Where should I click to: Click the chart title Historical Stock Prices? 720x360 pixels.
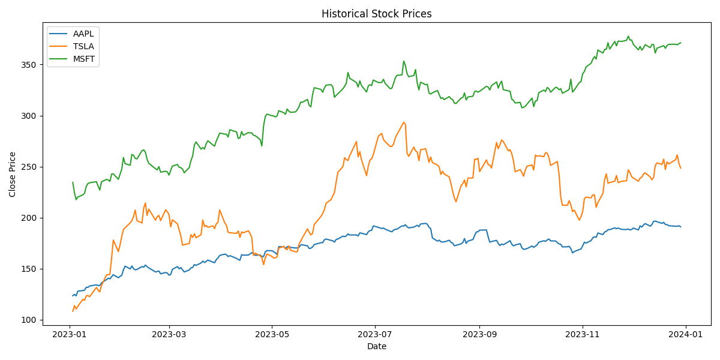click(x=376, y=14)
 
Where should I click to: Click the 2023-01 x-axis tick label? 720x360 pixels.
click(x=70, y=334)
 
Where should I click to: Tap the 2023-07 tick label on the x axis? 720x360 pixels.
click(x=375, y=334)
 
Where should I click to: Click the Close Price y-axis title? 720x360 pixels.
click(x=13, y=174)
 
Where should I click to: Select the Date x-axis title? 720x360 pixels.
click(x=376, y=346)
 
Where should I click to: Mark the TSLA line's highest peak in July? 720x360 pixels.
click(x=404, y=122)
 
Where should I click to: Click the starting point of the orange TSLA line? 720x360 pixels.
click(x=73, y=311)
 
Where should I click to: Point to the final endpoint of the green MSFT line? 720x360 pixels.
click(x=680, y=43)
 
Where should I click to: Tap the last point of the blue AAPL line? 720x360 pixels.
click(x=680, y=227)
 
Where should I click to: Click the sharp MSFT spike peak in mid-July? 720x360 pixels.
click(x=403, y=61)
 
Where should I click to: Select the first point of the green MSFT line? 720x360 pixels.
click(x=73, y=182)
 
